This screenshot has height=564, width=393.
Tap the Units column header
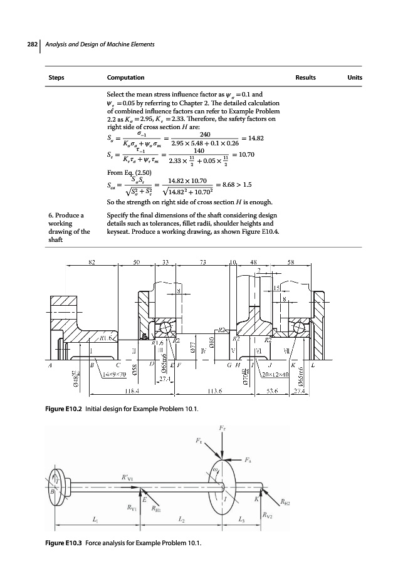[x=355, y=78]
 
